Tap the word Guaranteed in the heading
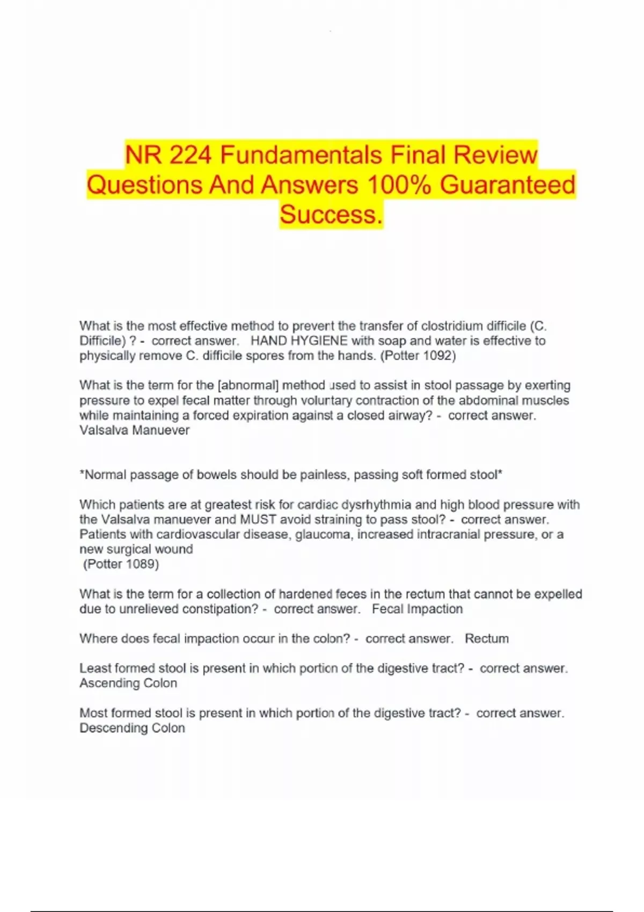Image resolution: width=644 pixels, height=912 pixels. (507, 185)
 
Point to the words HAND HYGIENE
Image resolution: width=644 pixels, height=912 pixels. (299, 341)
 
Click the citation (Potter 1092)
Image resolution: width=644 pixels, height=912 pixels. (418, 356)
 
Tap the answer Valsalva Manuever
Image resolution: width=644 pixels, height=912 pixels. (134, 430)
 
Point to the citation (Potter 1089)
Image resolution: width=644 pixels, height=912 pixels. (121, 564)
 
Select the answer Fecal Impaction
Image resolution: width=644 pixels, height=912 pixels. (417, 609)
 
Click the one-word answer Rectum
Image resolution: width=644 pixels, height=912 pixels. (486, 639)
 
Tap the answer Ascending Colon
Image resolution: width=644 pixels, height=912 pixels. (128, 683)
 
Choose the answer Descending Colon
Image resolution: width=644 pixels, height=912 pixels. (132, 729)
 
